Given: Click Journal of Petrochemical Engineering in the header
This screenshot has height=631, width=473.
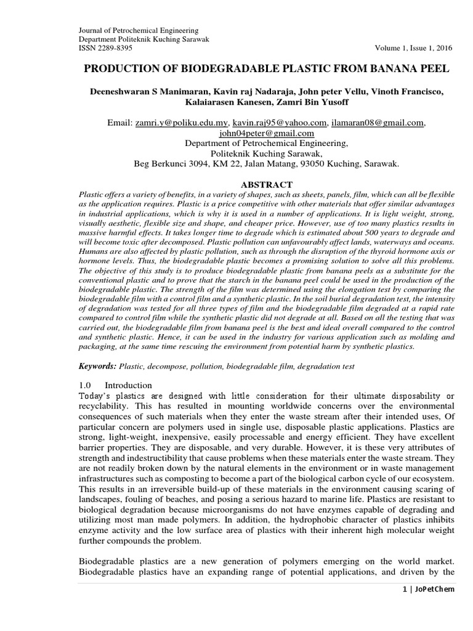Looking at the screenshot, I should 140,30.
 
